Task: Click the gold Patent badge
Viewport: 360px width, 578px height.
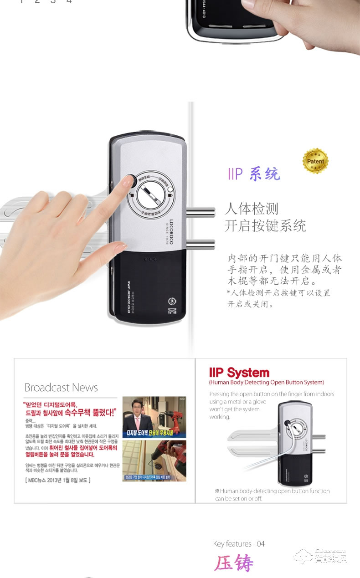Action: point(315,161)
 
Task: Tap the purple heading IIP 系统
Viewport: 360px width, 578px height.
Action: point(254,174)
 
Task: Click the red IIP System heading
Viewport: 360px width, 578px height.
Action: point(239,373)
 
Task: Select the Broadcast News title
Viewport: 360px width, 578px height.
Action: point(61,388)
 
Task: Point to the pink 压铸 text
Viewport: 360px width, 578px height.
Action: point(234,563)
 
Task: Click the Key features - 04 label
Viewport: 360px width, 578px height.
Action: point(238,544)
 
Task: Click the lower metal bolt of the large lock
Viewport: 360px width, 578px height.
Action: point(200,246)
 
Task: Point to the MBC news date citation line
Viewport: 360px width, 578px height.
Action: point(57,480)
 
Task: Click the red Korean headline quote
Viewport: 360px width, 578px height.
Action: point(70,409)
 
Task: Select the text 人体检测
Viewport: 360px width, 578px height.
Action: point(251,210)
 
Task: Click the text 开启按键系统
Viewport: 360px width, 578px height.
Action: point(265,226)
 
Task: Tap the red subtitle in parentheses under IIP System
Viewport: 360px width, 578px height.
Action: point(266,383)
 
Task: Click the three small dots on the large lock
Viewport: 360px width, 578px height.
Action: point(149,259)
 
